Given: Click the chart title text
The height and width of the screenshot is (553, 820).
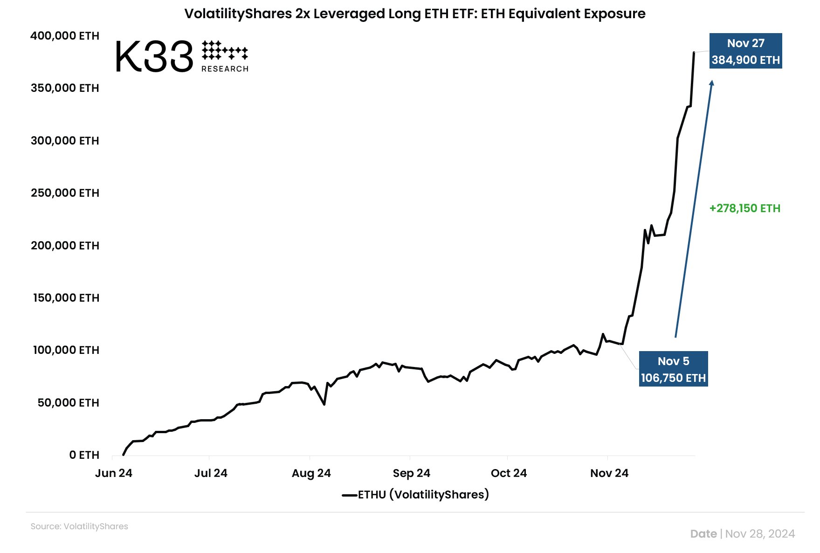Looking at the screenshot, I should pos(414,14).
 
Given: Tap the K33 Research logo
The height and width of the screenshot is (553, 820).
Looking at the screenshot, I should pos(181,56).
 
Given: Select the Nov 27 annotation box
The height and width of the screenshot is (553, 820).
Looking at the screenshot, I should pos(745,51).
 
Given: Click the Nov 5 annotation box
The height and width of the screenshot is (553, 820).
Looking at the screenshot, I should pos(673,369).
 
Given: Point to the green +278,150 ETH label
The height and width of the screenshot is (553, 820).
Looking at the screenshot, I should pos(744,208).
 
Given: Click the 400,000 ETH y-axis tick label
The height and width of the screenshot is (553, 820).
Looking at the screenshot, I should pos(65,36).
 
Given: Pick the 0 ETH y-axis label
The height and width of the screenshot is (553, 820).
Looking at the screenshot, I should pos(84,455).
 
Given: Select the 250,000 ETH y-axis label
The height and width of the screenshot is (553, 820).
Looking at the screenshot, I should pos(65,193).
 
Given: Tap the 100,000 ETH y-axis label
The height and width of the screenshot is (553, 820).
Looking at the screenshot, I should pos(66,350).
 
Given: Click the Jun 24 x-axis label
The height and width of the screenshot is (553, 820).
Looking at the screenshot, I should pos(114,473).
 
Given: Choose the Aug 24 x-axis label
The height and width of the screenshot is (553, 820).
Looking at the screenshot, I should pos(311,473).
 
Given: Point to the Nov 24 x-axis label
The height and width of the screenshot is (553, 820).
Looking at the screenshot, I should pos(609,473).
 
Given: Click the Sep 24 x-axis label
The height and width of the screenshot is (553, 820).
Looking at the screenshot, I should pos(411,473).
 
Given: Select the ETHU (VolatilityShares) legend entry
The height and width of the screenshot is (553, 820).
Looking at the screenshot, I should pos(415,495).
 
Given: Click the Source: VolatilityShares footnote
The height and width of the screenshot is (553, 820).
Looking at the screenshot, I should pos(79,526).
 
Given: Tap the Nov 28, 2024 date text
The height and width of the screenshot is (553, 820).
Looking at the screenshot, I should pos(760,534).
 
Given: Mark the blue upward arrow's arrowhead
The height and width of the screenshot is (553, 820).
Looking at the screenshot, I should pos(711,83).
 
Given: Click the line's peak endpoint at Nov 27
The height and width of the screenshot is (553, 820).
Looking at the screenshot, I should pos(694,53).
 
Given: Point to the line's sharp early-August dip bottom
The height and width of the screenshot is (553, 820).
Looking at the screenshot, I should pos(324,404).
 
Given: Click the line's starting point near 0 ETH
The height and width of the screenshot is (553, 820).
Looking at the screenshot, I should pos(124,455).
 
